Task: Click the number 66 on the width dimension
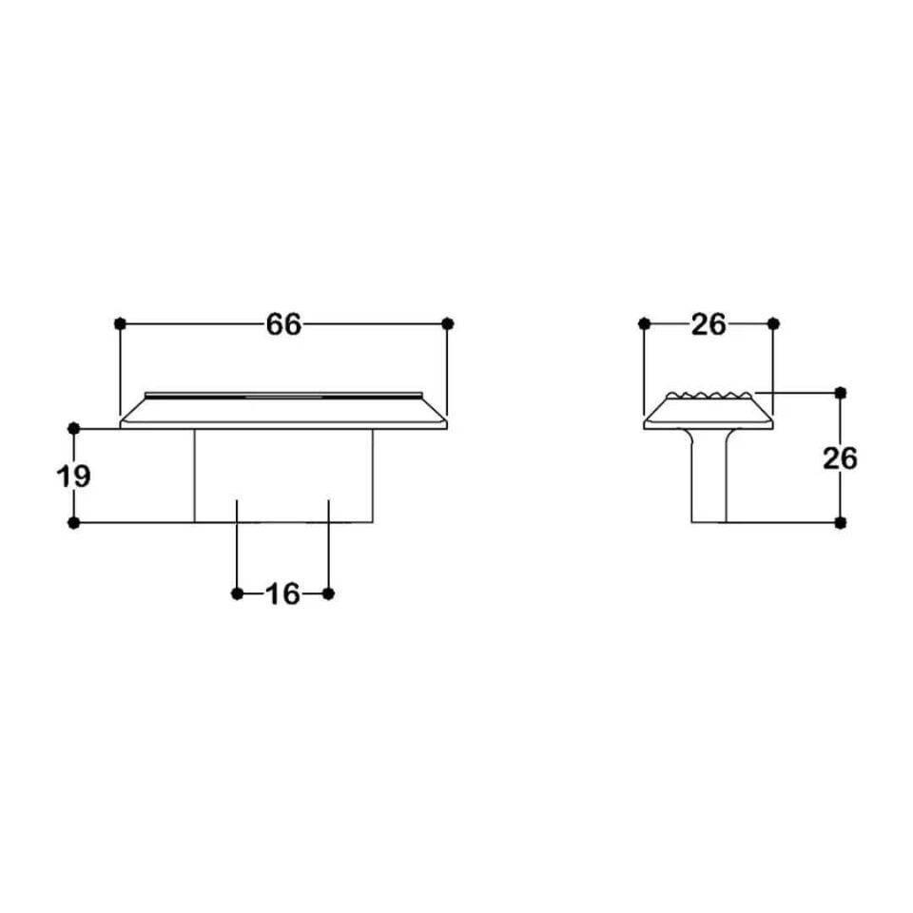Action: (x=283, y=324)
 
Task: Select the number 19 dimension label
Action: (x=74, y=476)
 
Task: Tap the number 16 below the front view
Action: (x=282, y=594)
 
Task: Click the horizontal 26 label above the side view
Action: (x=709, y=324)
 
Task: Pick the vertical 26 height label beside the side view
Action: (x=839, y=458)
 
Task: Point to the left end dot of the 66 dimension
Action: (x=120, y=324)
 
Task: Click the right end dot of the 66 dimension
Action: (x=448, y=324)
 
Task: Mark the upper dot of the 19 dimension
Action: (x=74, y=429)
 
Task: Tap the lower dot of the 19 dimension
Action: (x=74, y=522)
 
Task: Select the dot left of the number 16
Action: (x=237, y=594)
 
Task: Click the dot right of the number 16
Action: (x=328, y=594)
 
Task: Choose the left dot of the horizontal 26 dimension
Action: (x=645, y=324)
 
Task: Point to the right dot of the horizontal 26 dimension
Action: (x=772, y=324)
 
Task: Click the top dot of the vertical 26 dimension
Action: (x=839, y=392)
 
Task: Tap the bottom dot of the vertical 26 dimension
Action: (x=839, y=522)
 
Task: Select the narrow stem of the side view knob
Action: (x=709, y=480)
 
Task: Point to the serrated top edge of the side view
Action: (x=709, y=395)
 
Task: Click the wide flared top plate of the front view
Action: (x=283, y=411)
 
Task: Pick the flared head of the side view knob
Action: (x=709, y=414)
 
